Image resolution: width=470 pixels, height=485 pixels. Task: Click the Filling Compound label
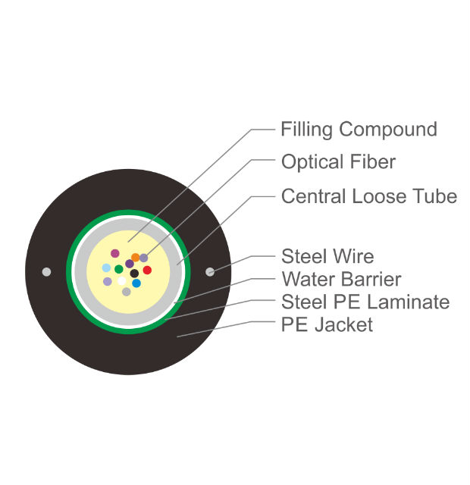[359, 130]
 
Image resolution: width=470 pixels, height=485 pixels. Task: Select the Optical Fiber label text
[339, 161]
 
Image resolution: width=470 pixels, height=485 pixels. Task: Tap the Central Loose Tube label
[369, 196]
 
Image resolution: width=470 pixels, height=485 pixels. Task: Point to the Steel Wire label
[327, 256]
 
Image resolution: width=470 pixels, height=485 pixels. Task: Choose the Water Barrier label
[341, 279]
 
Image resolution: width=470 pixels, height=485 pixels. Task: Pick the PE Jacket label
[327, 324]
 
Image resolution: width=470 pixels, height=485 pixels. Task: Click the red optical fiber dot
[147, 270]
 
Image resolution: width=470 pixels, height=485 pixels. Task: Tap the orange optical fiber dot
[135, 257]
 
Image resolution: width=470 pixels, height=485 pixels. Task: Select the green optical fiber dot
[119, 269]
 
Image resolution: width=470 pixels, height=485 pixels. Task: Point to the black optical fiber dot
[134, 274]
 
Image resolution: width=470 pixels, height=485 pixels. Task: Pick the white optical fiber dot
[121, 281]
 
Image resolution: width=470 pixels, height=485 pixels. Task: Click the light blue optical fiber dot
[106, 268]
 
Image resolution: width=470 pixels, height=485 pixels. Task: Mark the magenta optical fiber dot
[115, 253]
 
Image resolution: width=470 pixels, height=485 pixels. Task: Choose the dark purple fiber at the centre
[130, 264]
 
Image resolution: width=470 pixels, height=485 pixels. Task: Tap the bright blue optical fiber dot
[136, 283]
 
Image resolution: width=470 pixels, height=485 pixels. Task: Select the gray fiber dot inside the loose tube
[127, 292]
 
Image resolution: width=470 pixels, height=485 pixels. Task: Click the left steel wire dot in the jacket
[47, 272]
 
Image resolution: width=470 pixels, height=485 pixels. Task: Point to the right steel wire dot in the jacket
[210, 272]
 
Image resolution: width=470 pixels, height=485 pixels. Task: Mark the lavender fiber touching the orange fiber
[143, 258]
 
